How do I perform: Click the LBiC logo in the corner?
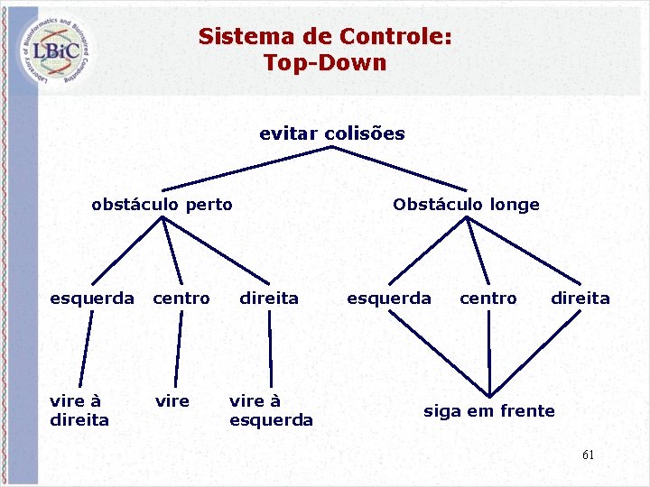pyautogui.click(x=56, y=49)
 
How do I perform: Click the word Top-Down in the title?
pyautogui.click(x=325, y=63)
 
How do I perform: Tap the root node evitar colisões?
pyautogui.click(x=332, y=134)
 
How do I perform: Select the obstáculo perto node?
pyautogui.click(x=162, y=205)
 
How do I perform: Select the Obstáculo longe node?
pyautogui.click(x=466, y=205)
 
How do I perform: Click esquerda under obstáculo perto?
pyautogui.click(x=92, y=299)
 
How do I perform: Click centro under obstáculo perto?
pyautogui.click(x=181, y=299)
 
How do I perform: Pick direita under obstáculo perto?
pyautogui.click(x=268, y=299)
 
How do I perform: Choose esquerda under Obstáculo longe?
pyautogui.click(x=389, y=299)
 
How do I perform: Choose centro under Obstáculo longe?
pyautogui.click(x=488, y=299)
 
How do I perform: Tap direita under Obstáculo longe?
pyautogui.click(x=580, y=299)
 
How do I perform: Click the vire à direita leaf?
pyautogui.click(x=79, y=410)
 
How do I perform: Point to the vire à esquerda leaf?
pyautogui.click(x=271, y=410)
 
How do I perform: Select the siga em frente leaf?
pyautogui.click(x=489, y=411)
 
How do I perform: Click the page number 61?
pyautogui.click(x=588, y=455)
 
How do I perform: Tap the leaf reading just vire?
pyautogui.click(x=172, y=401)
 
